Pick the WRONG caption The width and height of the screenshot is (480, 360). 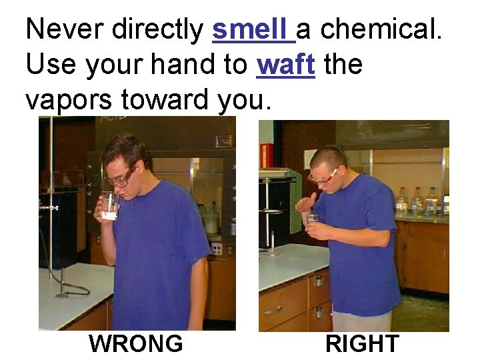click(x=136, y=344)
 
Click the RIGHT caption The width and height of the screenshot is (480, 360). click(x=362, y=344)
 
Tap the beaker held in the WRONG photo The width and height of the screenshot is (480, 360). click(x=109, y=205)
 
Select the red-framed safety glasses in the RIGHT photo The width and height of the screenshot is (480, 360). click(x=323, y=177)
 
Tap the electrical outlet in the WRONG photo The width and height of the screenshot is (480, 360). click(x=216, y=249)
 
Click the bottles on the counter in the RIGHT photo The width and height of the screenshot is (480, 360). click(x=417, y=200)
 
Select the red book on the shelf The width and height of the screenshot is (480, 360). click(x=267, y=155)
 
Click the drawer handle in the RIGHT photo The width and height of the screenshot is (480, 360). click(x=274, y=311)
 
